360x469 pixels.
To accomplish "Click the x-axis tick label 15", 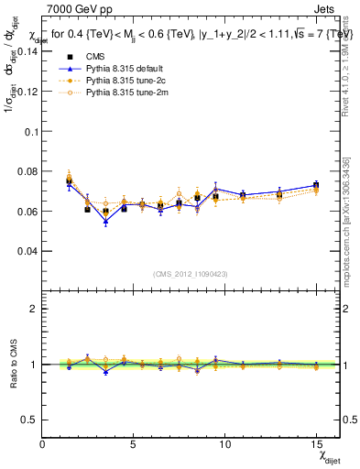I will pos(315,445).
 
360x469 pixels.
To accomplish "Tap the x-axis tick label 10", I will pos(224,445).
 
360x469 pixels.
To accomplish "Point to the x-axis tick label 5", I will pos(134,445).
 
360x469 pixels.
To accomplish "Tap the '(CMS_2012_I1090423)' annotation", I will pos(191,272).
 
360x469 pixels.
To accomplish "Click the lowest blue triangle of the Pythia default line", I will pos(105,222).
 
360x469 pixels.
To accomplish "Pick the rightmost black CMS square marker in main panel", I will pos(315,186).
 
